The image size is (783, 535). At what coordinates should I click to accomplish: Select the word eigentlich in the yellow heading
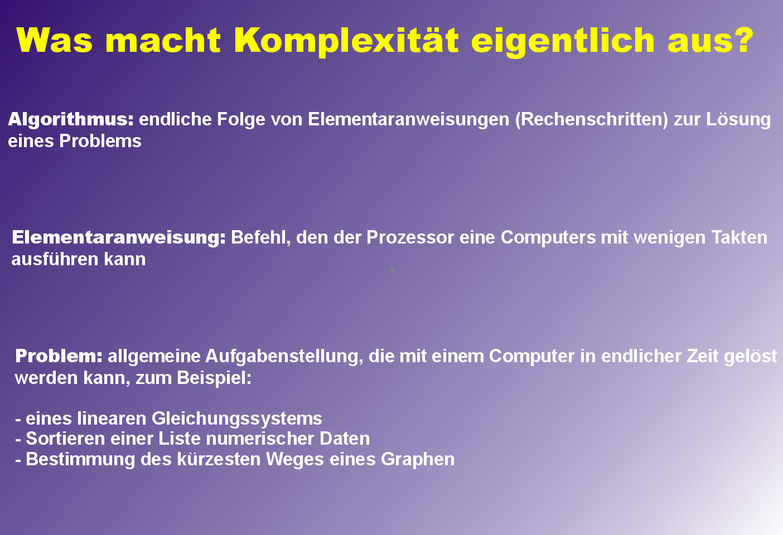[563, 41]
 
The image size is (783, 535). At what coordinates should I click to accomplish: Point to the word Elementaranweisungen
[408, 120]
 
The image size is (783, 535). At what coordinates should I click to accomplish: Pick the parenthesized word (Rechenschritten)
[592, 120]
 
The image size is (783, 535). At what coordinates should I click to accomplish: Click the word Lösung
[738, 120]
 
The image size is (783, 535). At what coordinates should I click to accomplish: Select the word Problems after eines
[100, 141]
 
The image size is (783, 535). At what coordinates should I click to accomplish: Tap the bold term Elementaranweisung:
[119, 237]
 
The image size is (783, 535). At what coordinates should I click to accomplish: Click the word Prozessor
[410, 237]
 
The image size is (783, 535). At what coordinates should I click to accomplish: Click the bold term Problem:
[59, 356]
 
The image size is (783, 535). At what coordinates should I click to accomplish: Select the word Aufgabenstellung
[284, 357]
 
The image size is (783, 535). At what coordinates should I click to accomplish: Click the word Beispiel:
[214, 378]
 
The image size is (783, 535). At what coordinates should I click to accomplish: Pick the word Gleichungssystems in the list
[236, 419]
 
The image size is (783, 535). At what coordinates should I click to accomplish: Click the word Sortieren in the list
[65, 438]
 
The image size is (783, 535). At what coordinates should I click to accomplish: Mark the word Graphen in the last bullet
[417, 459]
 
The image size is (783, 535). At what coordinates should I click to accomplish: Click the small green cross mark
[392, 270]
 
